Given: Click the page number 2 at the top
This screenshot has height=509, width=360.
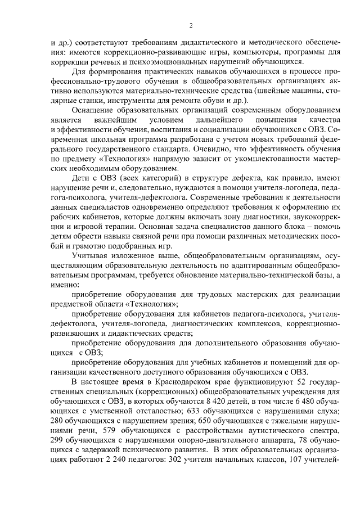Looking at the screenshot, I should point(191,26).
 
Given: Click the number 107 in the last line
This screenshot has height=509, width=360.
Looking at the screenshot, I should point(295,465).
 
